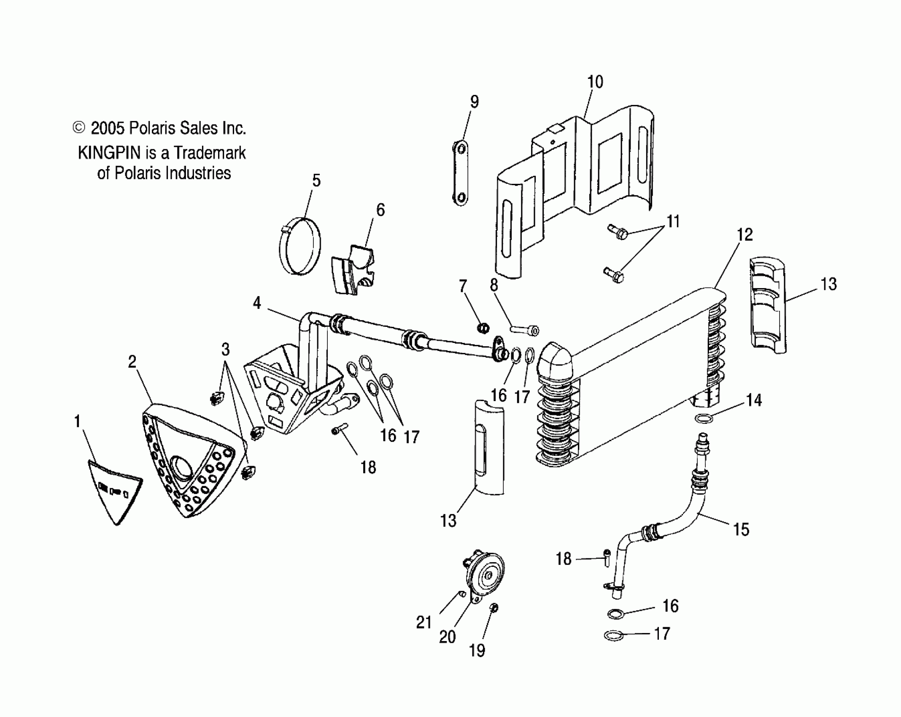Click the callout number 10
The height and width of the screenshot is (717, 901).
click(x=595, y=82)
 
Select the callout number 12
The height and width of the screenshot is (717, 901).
click(x=745, y=235)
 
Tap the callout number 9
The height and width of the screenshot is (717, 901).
click(x=474, y=102)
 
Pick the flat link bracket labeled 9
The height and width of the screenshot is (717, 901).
click(x=461, y=173)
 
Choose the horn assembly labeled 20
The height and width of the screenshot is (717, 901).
click(x=485, y=575)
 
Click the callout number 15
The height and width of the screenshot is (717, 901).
click(x=741, y=529)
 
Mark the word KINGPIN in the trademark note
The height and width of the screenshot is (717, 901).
click(x=110, y=153)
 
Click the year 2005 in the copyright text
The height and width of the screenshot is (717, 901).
click(x=108, y=128)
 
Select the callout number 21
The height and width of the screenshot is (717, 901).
click(x=424, y=623)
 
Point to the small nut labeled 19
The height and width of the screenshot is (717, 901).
click(x=494, y=608)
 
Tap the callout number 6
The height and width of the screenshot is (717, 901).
click(x=380, y=210)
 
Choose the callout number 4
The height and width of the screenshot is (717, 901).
click(x=257, y=303)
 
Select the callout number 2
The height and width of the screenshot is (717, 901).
click(x=132, y=361)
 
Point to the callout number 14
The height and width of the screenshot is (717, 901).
click(x=754, y=400)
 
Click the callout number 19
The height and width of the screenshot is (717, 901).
click(x=477, y=650)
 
